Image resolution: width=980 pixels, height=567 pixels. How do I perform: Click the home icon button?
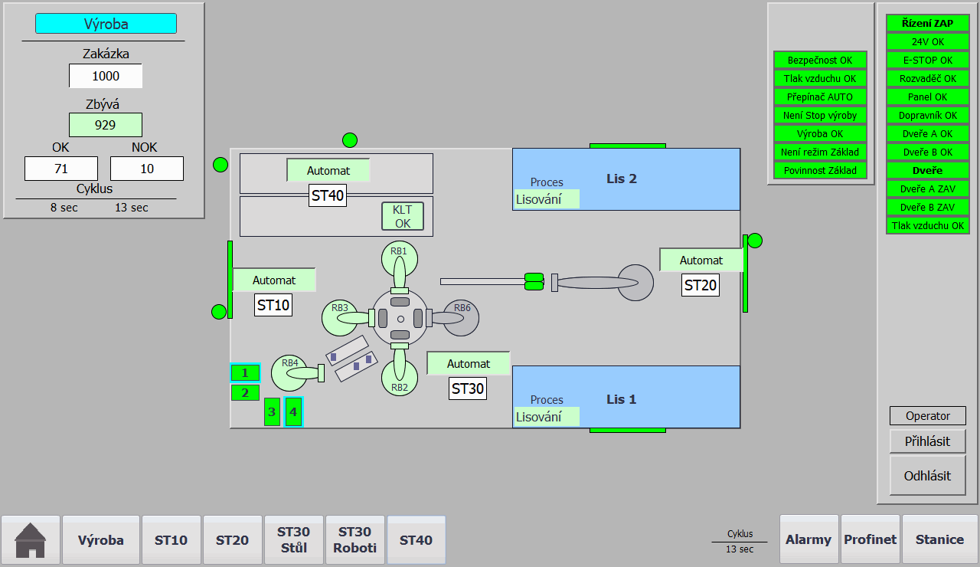(x=30, y=539)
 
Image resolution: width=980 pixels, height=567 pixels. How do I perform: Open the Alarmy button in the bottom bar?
(x=808, y=539)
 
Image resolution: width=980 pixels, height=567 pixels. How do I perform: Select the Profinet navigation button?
(x=871, y=539)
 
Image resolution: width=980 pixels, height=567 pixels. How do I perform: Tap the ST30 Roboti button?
(x=354, y=539)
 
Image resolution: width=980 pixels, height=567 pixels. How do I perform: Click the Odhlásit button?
(x=927, y=476)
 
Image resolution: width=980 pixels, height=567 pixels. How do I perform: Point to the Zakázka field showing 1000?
(x=106, y=76)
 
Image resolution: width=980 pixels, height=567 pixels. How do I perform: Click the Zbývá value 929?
(x=106, y=125)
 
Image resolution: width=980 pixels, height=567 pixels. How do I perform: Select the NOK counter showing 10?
(x=147, y=169)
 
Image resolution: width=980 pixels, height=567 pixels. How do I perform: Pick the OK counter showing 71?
(x=61, y=169)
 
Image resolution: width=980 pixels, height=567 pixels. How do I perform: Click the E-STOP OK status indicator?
(x=927, y=60)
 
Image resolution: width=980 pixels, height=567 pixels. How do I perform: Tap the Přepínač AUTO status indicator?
(x=820, y=97)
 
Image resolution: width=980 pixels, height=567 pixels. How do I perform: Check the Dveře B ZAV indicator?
(x=927, y=207)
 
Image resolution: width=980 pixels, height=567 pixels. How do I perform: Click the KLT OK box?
(x=403, y=216)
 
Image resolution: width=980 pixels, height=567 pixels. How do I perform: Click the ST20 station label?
(x=700, y=286)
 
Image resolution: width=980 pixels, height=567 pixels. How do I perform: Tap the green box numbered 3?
(x=272, y=411)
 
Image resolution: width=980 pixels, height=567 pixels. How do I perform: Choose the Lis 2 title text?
(x=621, y=179)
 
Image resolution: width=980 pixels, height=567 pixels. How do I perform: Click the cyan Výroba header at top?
(x=106, y=24)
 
